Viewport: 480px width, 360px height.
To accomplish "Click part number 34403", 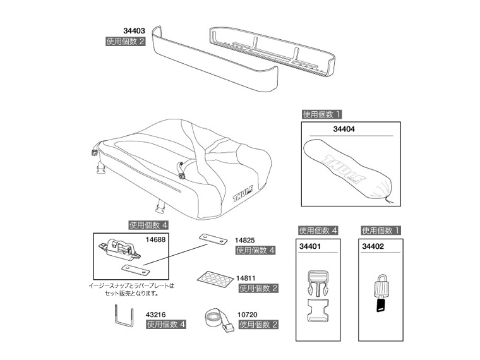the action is coord(134,31).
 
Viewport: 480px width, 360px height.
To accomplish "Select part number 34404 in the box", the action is coord(344,129).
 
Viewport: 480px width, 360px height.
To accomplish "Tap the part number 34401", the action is coord(310,246).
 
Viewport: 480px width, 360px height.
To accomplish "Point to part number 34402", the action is coord(373,246).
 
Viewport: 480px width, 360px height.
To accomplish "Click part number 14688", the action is coord(155,240).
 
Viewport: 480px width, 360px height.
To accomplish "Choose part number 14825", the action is coord(244,241).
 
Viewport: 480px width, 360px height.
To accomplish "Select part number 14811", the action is coord(246,279).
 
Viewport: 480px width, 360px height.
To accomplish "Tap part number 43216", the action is coord(155,315).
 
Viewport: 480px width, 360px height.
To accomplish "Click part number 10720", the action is coord(248,315).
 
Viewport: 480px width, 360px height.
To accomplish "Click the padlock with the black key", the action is coord(381,293).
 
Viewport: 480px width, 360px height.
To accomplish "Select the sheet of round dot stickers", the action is coord(213,279).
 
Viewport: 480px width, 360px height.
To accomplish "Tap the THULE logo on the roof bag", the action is coord(243,194).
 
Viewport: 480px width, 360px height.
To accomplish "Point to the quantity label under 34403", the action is coord(125,41).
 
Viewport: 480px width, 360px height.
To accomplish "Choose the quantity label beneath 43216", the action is coord(166,325).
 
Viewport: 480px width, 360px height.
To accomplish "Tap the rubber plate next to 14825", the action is coord(213,239).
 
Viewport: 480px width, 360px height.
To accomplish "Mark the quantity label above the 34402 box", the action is coord(380,231).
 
